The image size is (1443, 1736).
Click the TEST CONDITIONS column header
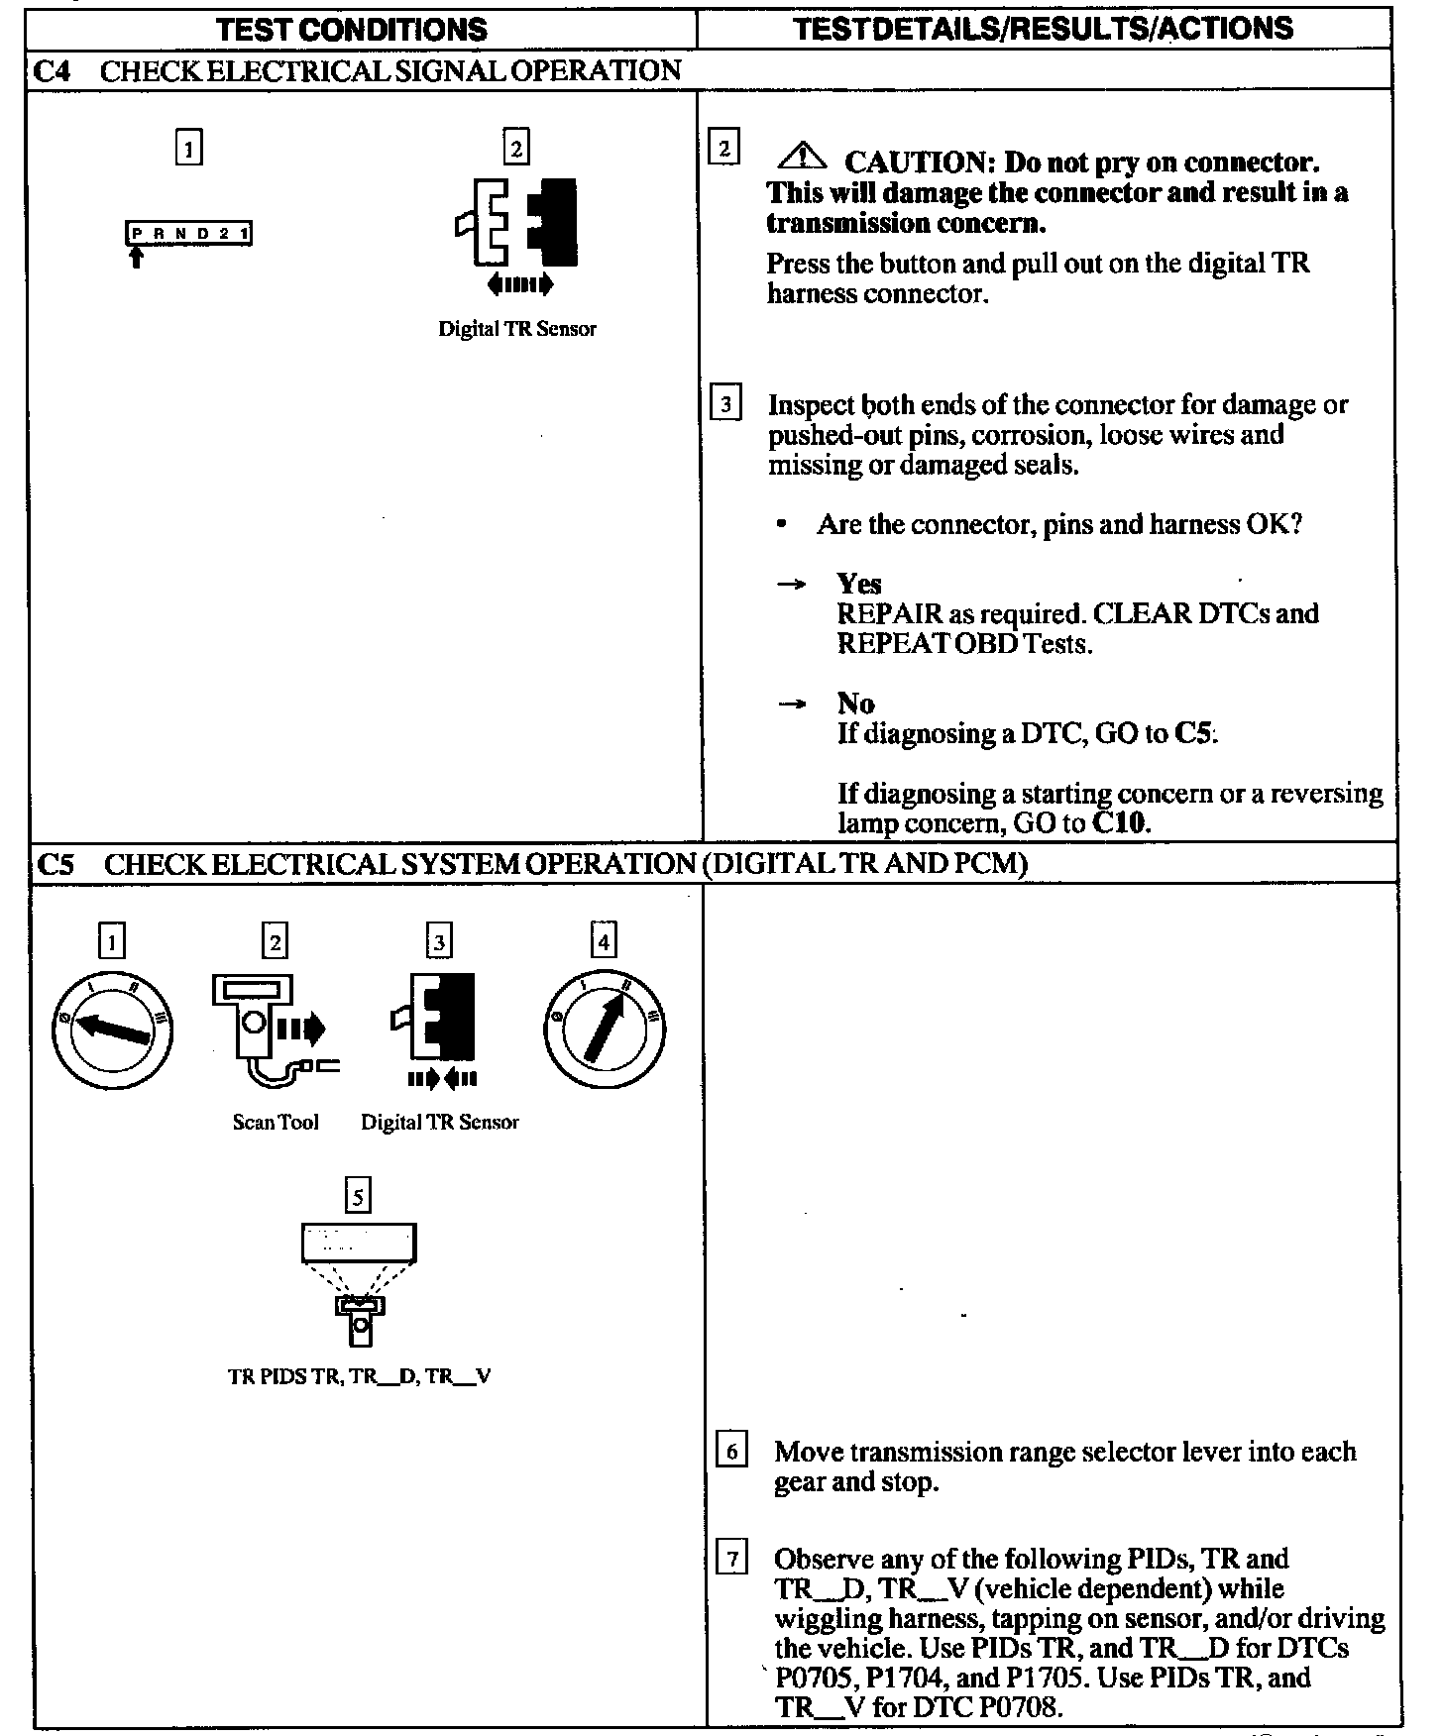coord(352,29)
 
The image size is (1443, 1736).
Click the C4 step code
coord(51,71)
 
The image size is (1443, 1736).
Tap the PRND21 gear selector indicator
coord(188,234)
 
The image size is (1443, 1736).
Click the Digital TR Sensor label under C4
coord(517,329)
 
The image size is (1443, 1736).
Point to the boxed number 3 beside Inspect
coord(726,404)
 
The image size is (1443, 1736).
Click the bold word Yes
coord(858,583)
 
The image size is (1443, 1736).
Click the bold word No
coord(855,703)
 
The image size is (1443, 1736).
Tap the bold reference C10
coord(1120,823)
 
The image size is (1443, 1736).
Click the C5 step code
coord(54,864)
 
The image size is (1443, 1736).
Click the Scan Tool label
coord(276,1122)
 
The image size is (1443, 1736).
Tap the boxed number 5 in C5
coord(358,1196)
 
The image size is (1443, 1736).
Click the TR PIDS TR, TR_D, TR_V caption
coord(359,1376)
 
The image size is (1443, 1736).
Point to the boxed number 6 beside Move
coord(731,1452)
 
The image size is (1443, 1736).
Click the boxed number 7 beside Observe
coord(731,1560)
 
